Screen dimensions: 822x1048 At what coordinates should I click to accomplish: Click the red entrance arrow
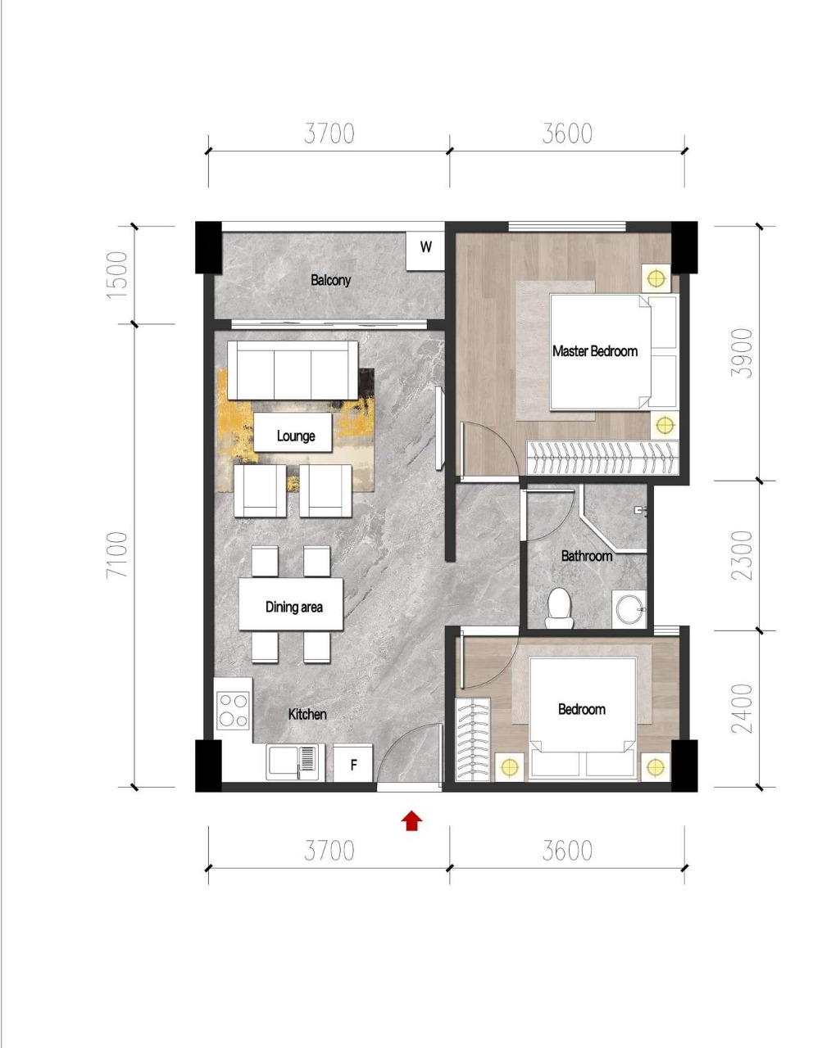pyautogui.click(x=411, y=820)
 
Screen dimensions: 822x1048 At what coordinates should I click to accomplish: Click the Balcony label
pyautogui.click(x=330, y=280)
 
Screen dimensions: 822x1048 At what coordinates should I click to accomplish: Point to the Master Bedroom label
pyautogui.click(x=595, y=351)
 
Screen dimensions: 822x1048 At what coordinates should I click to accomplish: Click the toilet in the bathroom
pyautogui.click(x=560, y=608)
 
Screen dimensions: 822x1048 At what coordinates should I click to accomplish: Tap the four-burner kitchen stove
pyautogui.click(x=233, y=709)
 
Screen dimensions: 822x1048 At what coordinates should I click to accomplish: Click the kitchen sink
pyautogui.click(x=293, y=762)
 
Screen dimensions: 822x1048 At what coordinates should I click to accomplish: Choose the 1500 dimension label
pyautogui.click(x=117, y=274)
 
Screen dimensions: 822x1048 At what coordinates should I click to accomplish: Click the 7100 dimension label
pyautogui.click(x=117, y=554)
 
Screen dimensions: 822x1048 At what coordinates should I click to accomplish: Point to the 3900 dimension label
pyautogui.click(x=742, y=353)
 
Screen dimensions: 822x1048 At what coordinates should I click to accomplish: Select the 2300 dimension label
pyautogui.click(x=742, y=555)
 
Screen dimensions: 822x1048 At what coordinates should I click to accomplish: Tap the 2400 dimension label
pyautogui.click(x=742, y=708)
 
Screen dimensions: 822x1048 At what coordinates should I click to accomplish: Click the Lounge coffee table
pyautogui.click(x=293, y=432)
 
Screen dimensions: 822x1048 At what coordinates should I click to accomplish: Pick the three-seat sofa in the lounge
pyautogui.click(x=293, y=370)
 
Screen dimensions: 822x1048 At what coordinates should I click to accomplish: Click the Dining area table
pyautogui.click(x=291, y=604)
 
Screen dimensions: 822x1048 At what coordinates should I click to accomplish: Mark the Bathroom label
pyautogui.click(x=587, y=556)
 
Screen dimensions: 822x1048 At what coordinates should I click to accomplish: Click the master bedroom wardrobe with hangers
pyautogui.click(x=602, y=457)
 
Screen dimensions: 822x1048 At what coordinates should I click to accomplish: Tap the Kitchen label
pyautogui.click(x=307, y=714)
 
